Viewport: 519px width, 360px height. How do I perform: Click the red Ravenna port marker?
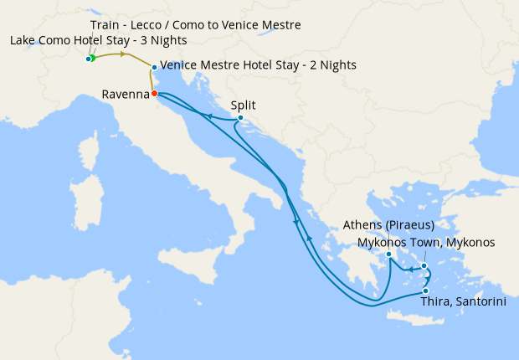pyautogui.click(x=155, y=93)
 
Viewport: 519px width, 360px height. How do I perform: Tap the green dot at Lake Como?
pyautogui.click(x=93, y=58)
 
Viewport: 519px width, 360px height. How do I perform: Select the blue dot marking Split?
pyautogui.click(x=240, y=118)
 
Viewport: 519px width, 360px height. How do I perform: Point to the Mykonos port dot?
pyautogui.click(x=424, y=266)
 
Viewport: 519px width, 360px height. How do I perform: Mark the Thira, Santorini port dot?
pyautogui.click(x=425, y=291)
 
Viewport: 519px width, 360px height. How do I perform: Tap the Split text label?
pyautogui.click(x=243, y=105)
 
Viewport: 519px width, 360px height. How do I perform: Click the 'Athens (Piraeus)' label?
pyautogui.click(x=388, y=225)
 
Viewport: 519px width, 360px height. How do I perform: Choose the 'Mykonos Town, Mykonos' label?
pyautogui.click(x=426, y=243)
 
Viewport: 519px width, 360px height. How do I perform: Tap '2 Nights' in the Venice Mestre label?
pyautogui.click(x=332, y=64)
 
